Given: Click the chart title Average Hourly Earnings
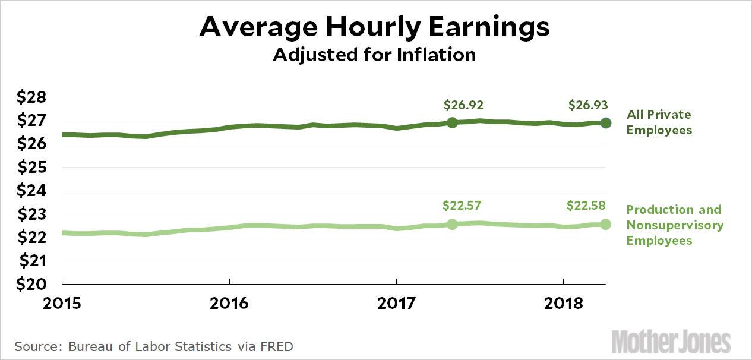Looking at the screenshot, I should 375,27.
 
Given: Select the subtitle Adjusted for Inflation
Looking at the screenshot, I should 374,55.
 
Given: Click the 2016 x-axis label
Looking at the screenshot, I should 229,302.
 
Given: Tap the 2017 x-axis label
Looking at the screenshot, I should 396,302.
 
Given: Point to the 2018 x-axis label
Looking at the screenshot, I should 563,302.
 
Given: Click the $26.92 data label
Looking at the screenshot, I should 464,106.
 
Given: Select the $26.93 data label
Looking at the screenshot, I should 588,106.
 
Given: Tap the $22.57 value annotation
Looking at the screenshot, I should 462,206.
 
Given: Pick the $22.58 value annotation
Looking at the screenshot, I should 586,206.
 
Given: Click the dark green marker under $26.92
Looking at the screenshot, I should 452,122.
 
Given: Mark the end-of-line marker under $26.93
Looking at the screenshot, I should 605,123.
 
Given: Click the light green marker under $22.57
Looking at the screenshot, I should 452,224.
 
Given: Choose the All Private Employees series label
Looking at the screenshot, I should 659,122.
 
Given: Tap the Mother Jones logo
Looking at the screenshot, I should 671,342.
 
